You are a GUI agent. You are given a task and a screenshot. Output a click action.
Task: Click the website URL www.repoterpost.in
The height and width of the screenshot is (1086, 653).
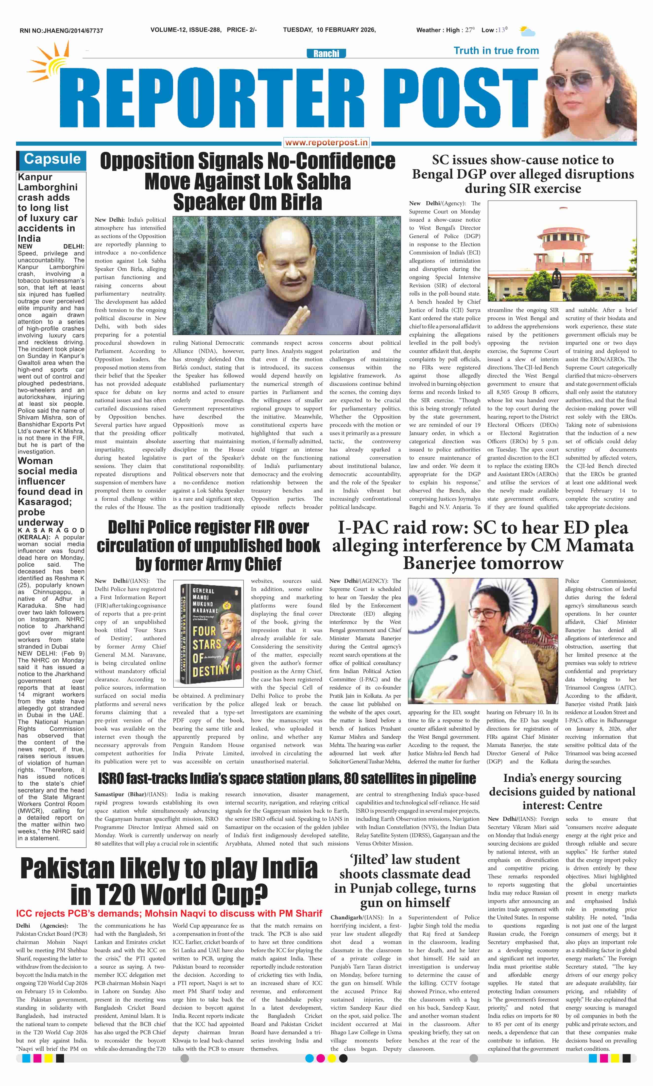[x=326, y=142]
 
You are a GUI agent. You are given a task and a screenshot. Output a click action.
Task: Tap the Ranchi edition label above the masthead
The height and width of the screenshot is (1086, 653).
[x=326, y=54]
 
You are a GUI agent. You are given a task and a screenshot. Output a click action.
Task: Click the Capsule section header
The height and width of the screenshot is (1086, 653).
[x=52, y=159]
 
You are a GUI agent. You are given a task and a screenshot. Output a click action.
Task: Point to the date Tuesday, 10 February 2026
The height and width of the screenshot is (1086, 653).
[x=329, y=30]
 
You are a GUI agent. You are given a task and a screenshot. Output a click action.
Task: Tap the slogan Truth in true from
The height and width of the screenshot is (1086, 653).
[x=496, y=50]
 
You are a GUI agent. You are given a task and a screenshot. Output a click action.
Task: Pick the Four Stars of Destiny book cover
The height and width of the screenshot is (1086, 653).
[x=208, y=634]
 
